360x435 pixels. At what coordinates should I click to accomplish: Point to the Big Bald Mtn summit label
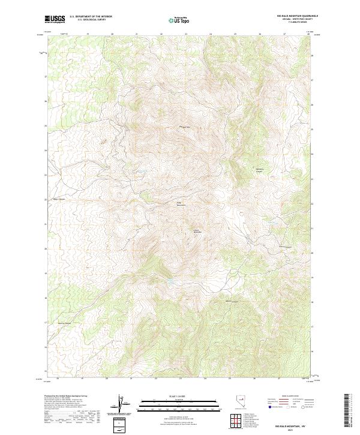185,127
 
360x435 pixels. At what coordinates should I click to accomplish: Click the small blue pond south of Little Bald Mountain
172,280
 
